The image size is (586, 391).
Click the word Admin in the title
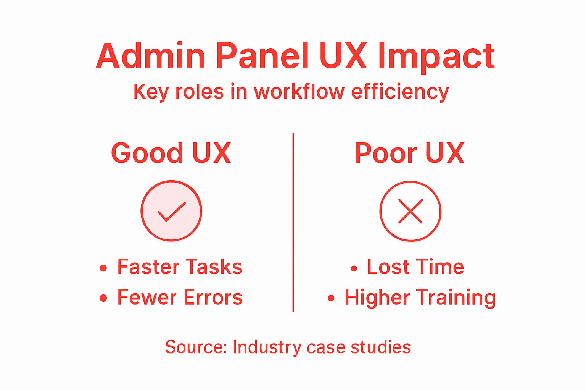click(150, 56)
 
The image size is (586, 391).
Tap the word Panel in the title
click(262, 56)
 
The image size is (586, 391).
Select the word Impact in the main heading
click(436, 57)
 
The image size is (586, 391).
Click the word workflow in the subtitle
click(299, 92)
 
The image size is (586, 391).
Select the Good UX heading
click(171, 153)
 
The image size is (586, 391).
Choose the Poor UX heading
click(409, 153)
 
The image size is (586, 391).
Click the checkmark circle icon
click(171, 211)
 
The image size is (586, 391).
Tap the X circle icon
click(410, 211)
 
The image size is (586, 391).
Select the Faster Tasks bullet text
click(180, 267)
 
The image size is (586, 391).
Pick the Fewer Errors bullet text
click(180, 297)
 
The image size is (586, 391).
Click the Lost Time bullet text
click(415, 267)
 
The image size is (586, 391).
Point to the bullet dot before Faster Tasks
click(103, 268)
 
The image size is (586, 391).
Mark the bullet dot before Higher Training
click(331, 299)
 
